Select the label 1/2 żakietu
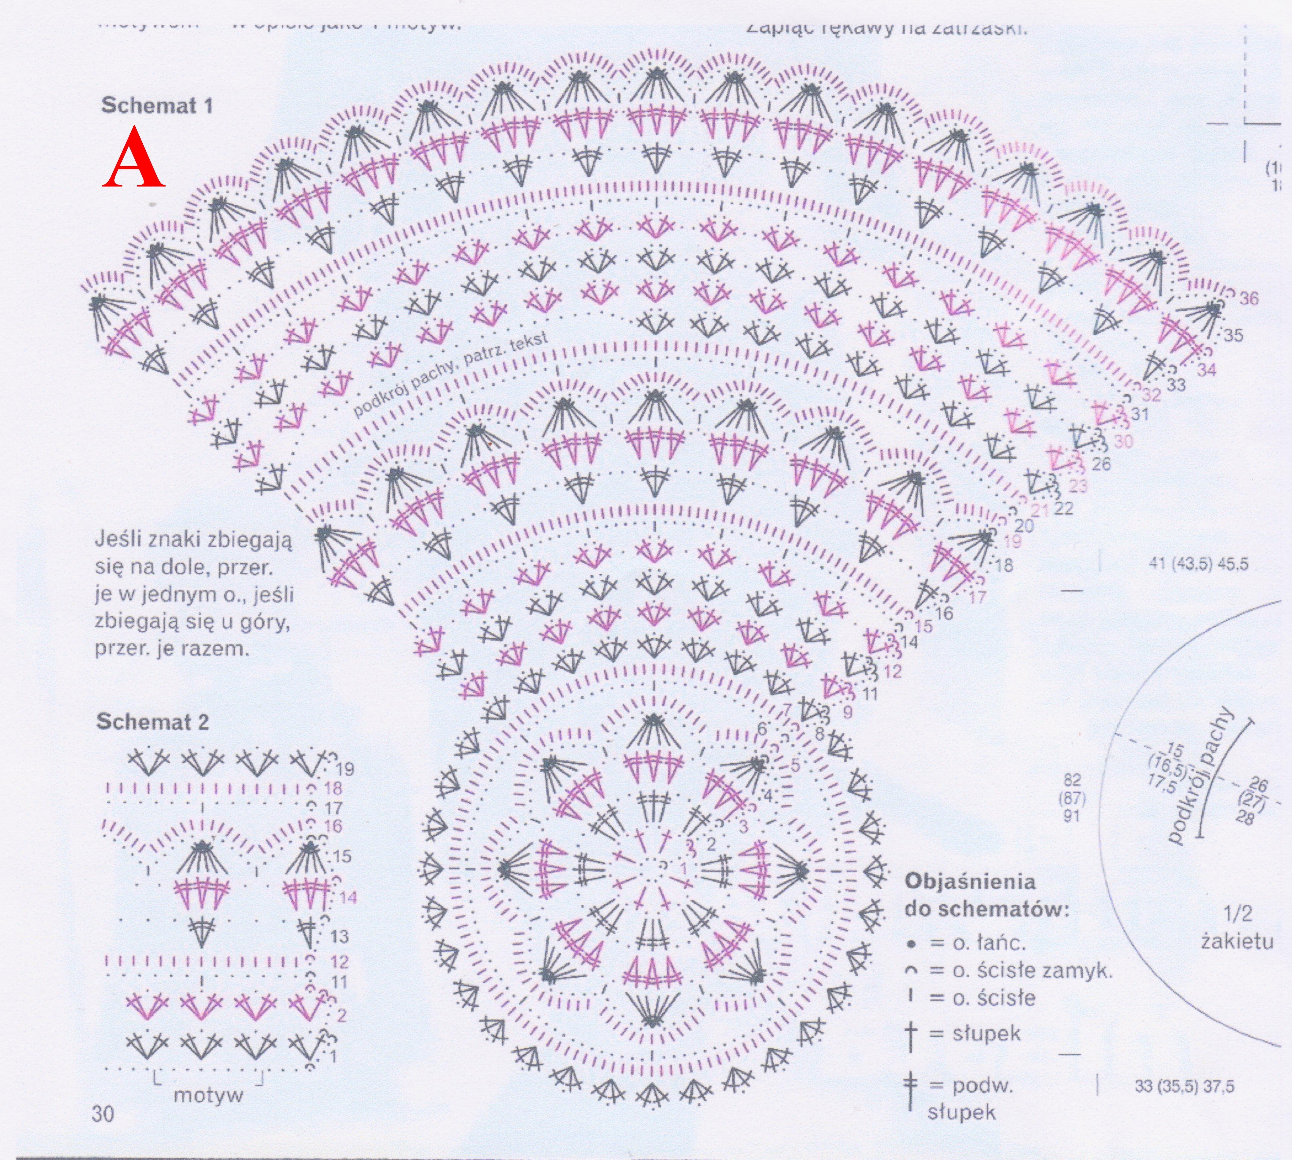click(1237, 928)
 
